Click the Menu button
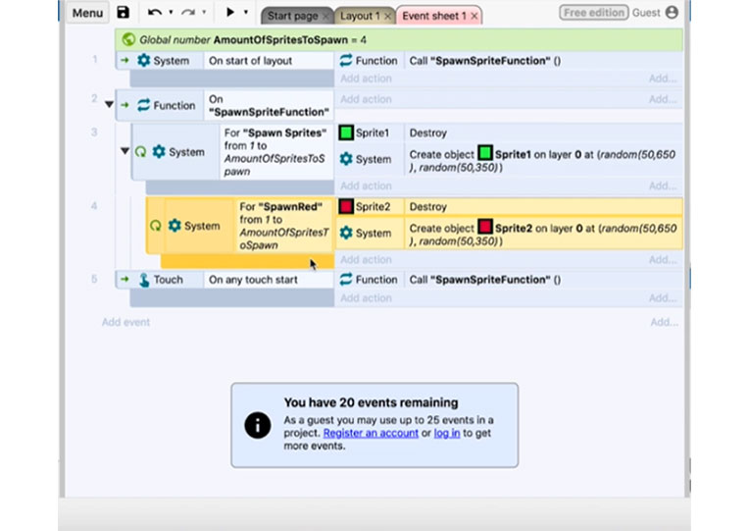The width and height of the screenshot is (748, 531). coord(87,13)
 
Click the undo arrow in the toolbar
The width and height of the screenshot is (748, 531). coord(154,13)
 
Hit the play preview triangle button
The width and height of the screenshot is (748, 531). coord(230,12)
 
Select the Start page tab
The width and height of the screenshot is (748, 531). coord(292,16)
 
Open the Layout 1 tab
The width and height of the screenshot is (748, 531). coord(360,16)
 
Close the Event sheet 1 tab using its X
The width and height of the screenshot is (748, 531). coord(474,17)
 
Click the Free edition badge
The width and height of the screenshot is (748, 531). coord(594,13)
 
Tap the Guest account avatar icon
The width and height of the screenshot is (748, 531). coord(672,13)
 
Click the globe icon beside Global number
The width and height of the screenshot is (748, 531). coord(128,39)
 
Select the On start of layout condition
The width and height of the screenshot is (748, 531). coord(250,61)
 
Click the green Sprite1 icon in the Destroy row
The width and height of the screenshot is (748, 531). coord(346,133)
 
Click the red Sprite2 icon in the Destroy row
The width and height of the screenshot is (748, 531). coord(346,207)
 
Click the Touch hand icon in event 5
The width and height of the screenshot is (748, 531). coord(144,280)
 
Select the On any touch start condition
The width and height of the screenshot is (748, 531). coord(253,280)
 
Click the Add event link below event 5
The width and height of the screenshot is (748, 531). coord(125,322)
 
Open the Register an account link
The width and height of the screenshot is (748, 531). coord(371,433)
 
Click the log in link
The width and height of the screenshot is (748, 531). coord(447,433)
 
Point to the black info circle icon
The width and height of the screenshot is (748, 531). coord(258,425)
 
